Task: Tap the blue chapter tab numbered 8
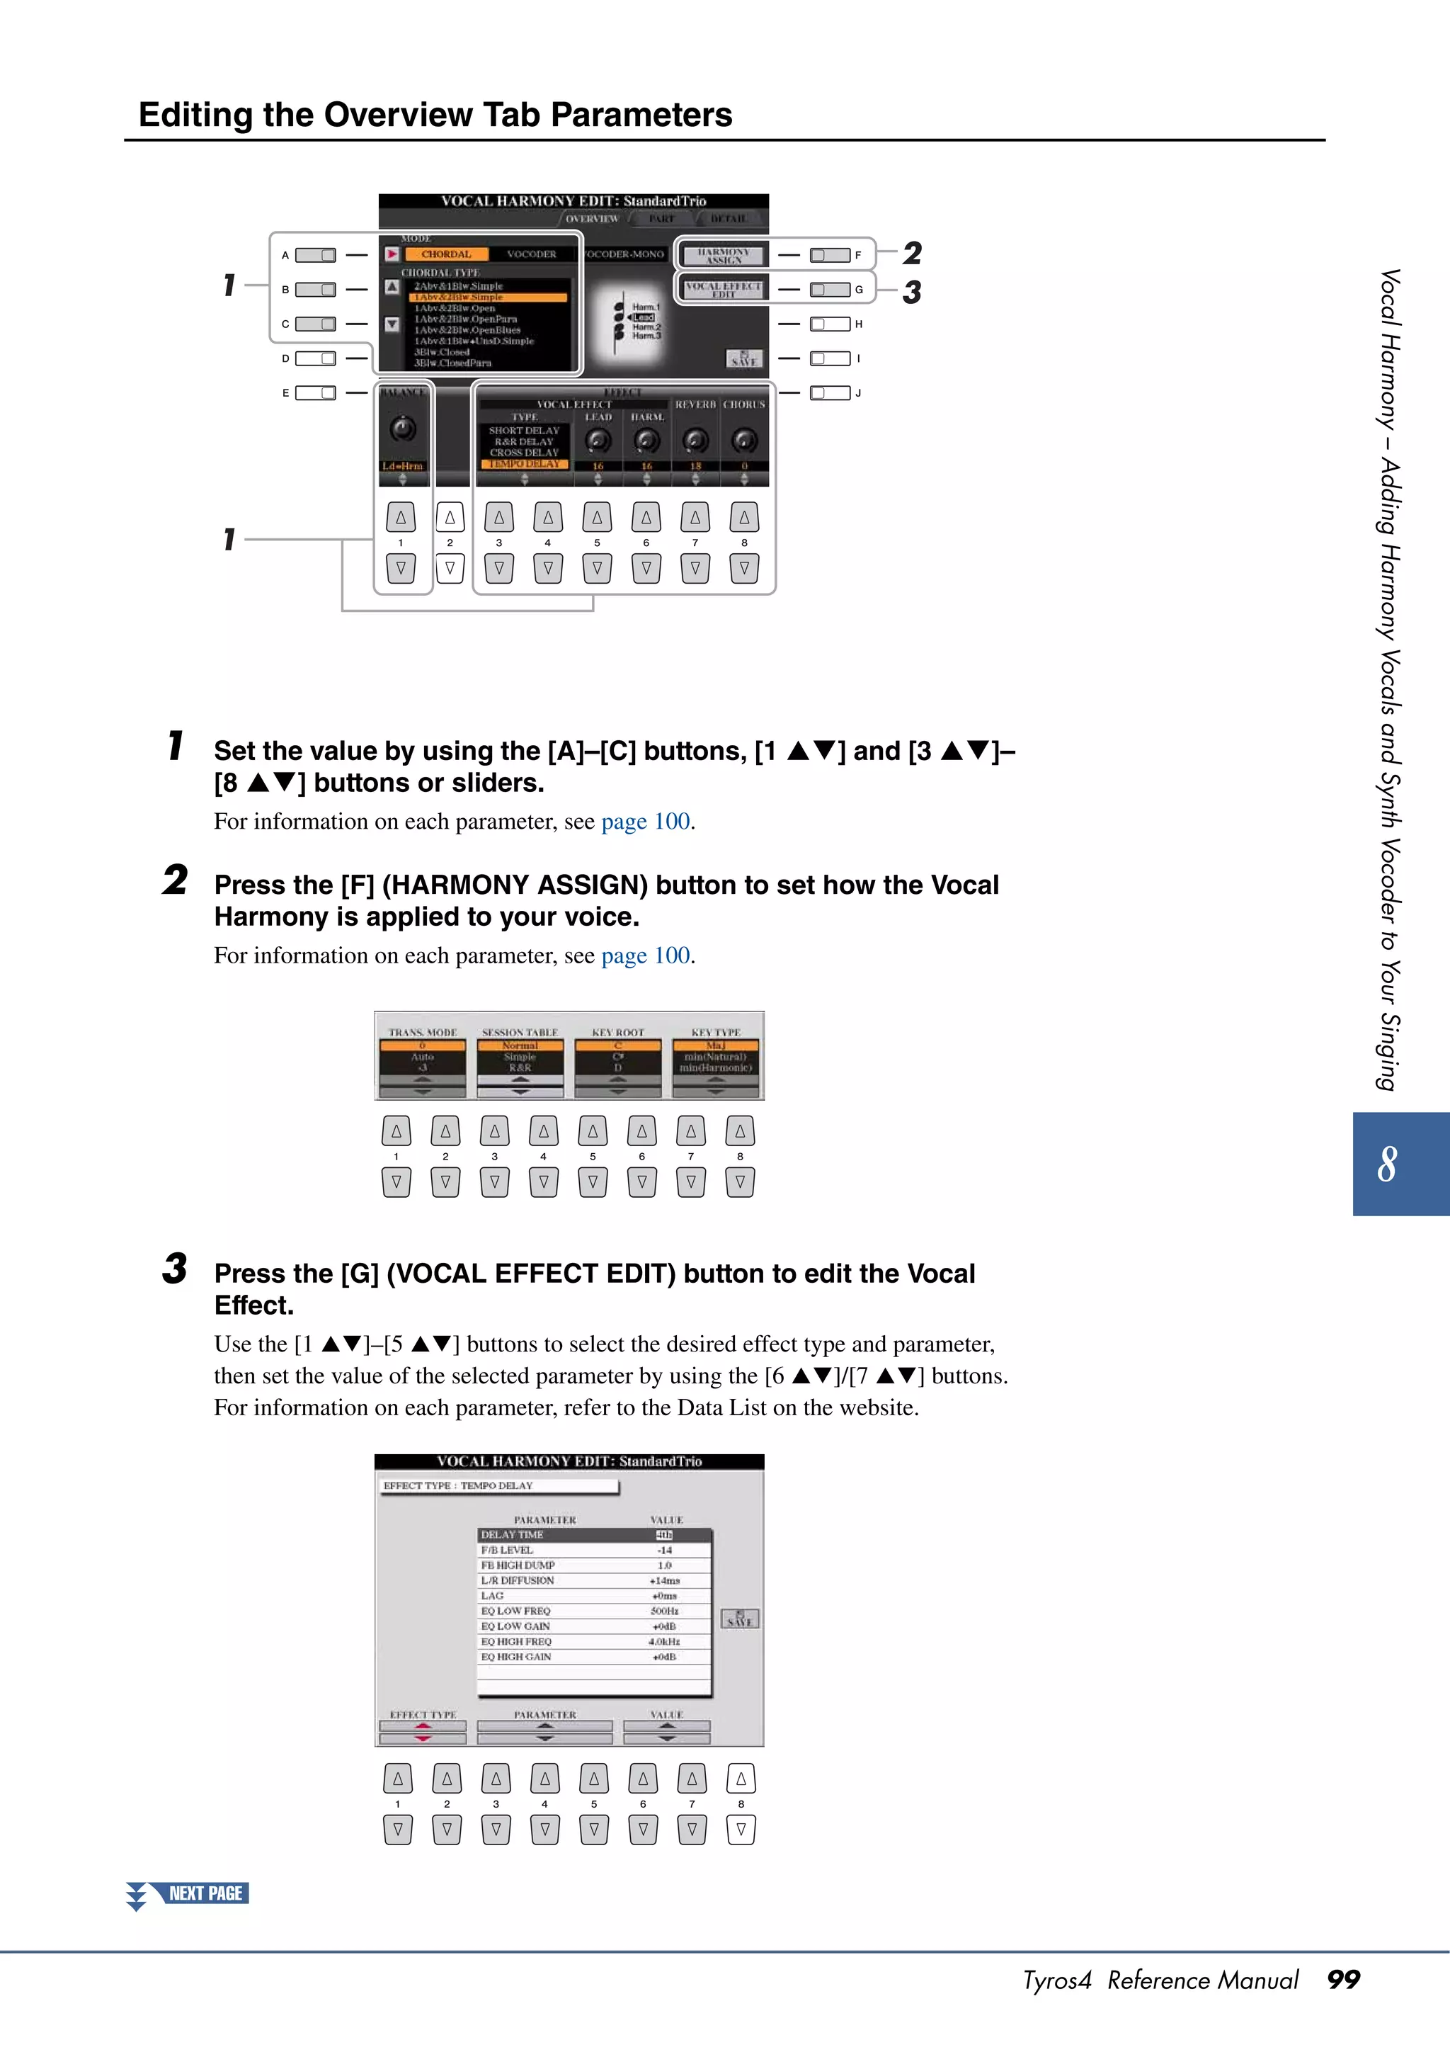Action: click(1399, 1163)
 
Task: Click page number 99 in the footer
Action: click(1343, 1980)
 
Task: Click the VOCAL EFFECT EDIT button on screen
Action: click(723, 289)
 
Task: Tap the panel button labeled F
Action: click(829, 256)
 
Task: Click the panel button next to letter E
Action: click(315, 392)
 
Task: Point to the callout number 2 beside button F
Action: click(911, 253)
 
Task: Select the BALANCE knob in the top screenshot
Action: click(403, 429)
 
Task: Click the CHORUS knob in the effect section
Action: click(743, 440)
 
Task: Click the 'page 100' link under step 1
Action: click(645, 822)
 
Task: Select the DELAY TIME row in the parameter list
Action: click(593, 1534)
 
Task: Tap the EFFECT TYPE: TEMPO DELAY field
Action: click(498, 1485)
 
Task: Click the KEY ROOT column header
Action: click(617, 1032)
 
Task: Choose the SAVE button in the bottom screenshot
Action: click(740, 1618)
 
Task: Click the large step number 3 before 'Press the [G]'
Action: click(175, 1269)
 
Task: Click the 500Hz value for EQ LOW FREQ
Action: click(664, 1611)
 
